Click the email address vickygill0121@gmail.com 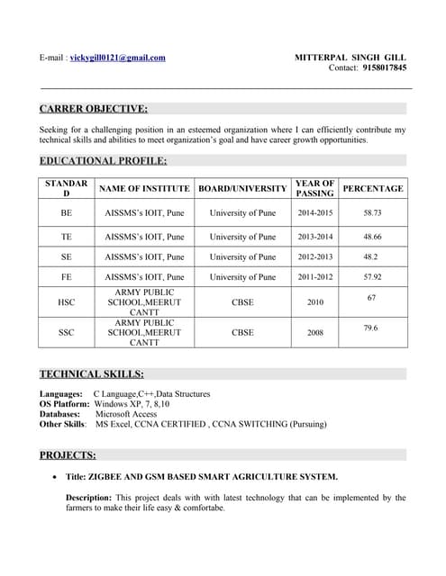[x=117, y=58]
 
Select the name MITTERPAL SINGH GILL [x=350, y=58]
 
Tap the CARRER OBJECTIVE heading [x=94, y=109]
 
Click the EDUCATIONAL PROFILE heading [x=104, y=161]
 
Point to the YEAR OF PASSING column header [x=314, y=188]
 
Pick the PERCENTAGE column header [x=373, y=189]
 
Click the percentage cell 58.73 [x=372, y=213]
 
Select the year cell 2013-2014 [x=314, y=237]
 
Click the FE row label [x=66, y=277]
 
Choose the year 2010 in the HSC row [x=314, y=302]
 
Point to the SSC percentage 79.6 [x=370, y=328]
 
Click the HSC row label [x=66, y=302]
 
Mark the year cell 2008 [x=314, y=332]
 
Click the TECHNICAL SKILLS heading [x=91, y=373]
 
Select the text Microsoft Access [x=126, y=414]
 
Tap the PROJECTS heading [x=68, y=454]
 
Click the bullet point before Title [x=57, y=477]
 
